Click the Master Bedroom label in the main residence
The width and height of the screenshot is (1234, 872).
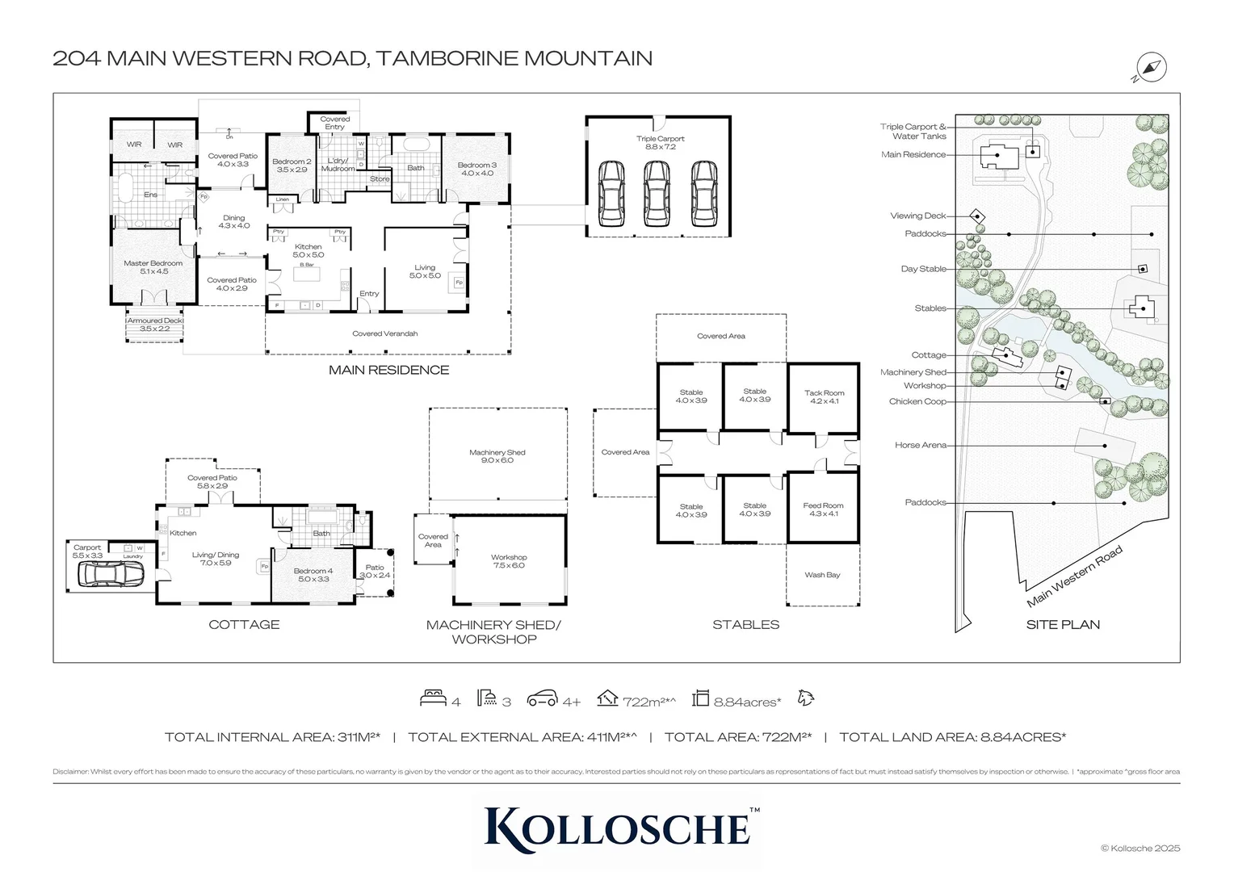click(x=153, y=267)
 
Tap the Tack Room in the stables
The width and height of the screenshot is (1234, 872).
click(x=824, y=396)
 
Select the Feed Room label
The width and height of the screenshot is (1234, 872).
click(x=823, y=509)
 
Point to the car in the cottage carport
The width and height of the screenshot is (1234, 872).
click(x=111, y=574)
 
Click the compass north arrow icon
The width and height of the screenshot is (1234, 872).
click(x=1151, y=67)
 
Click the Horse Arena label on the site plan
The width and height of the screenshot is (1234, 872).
click(x=920, y=445)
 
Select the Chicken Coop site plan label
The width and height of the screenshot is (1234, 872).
click(x=917, y=401)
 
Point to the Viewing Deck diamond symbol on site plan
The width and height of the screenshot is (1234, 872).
click(x=977, y=216)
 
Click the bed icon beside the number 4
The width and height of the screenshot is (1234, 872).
click(x=434, y=698)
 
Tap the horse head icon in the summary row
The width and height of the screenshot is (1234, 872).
click(x=805, y=698)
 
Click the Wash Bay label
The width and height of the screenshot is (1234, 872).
click(x=822, y=575)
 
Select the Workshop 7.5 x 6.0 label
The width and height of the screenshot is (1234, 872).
click(x=509, y=561)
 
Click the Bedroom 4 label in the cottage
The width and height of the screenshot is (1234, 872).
click(x=313, y=574)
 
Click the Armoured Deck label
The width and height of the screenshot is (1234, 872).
click(x=155, y=325)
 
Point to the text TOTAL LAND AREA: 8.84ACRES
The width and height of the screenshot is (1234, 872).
click(x=952, y=736)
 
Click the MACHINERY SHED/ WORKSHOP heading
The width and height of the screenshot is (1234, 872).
click(x=493, y=631)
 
